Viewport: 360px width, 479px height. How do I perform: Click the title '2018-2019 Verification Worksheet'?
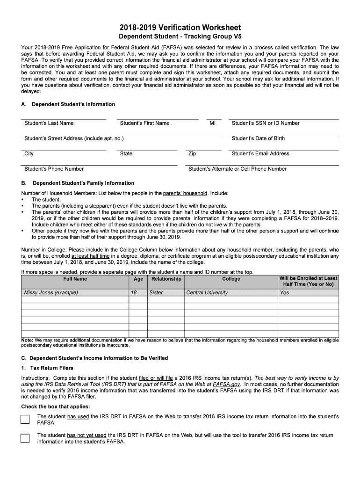pos(180,28)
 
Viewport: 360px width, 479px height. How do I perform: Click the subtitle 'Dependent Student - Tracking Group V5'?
pos(180,37)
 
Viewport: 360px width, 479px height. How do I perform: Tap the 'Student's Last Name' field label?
pos(49,123)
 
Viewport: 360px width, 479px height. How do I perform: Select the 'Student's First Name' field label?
pos(144,123)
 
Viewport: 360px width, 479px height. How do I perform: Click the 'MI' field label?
pos(212,123)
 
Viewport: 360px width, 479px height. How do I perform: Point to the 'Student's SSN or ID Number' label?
pos(266,123)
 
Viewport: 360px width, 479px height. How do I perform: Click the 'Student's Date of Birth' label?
pos(258,138)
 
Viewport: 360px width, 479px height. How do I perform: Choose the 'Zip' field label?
pos(192,154)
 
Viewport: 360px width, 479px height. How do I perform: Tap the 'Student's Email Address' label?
pos(260,154)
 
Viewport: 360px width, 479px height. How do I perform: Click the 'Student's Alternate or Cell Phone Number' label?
pos(238,169)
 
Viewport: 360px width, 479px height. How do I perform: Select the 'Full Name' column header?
pos(75,279)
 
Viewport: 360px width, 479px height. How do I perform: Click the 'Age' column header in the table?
pos(138,279)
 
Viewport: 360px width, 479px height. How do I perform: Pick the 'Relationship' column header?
pos(166,279)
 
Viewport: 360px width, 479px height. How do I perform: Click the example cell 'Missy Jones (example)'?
pos(51,293)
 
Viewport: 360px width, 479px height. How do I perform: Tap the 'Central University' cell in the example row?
pos(207,293)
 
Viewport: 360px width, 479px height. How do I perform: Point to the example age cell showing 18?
pos(134,293)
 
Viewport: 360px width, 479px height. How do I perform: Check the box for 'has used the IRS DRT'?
pos(25,419)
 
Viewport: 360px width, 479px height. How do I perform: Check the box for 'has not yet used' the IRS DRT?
pos(25,438)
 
